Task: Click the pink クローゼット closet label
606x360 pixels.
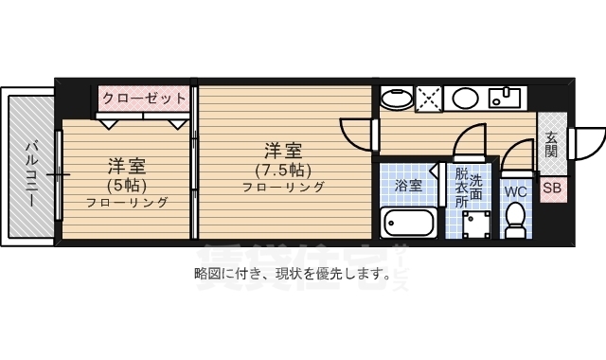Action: [x=145, y=97]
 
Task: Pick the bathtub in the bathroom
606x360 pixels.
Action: [x=408, y=225]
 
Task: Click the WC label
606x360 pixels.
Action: [x=515, y=190]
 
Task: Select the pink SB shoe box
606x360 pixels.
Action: [x=551, y=188]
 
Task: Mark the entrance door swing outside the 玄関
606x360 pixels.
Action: [x=583, y=142]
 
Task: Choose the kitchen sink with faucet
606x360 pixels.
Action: [x=507, y=97]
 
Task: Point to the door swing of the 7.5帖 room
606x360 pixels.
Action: [x=358, y=133]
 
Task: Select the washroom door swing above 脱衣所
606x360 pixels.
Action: [x=468, y=143]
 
